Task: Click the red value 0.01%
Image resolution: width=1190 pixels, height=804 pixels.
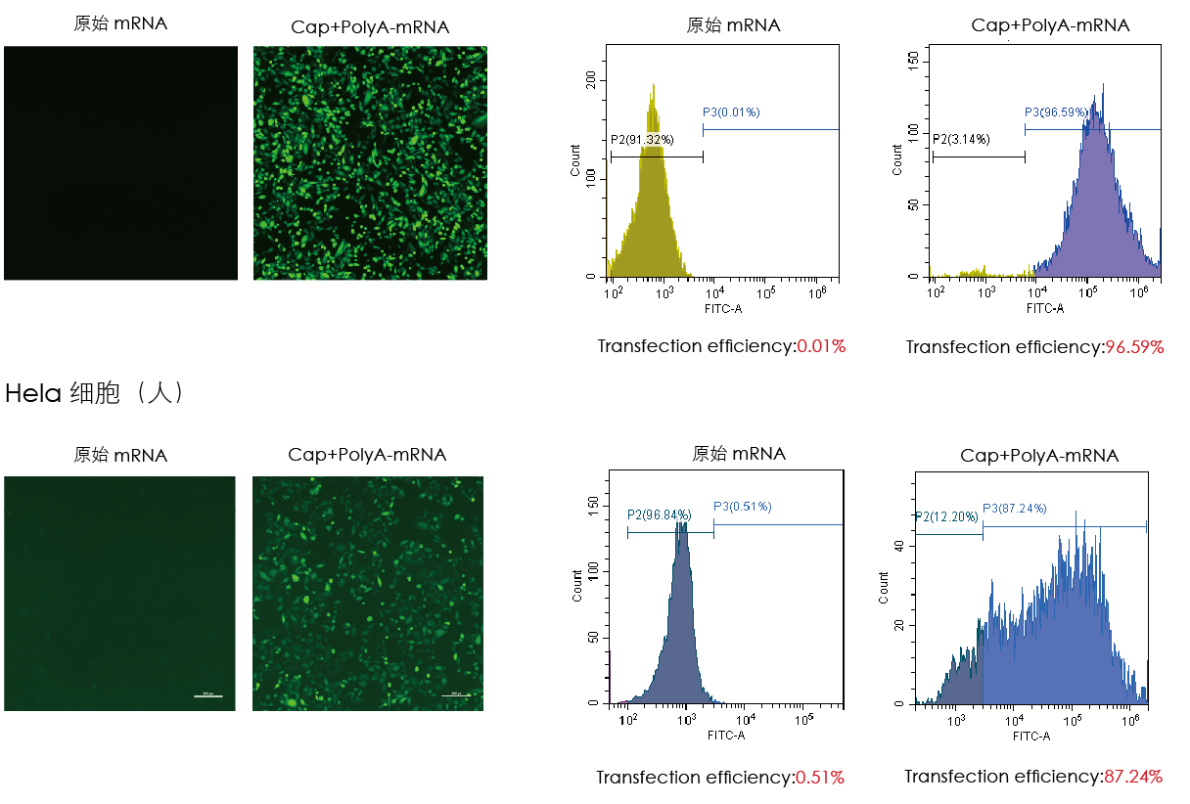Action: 821,346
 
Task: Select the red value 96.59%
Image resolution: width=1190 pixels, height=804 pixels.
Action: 1134,347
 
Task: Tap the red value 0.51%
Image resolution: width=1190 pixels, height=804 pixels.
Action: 820,778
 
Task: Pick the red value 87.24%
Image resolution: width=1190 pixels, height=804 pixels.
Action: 1133,777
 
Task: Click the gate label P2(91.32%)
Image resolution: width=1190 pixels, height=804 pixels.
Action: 642,140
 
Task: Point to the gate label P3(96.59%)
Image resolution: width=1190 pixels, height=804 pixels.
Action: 1056,112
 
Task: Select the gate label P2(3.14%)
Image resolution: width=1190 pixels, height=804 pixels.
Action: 961,139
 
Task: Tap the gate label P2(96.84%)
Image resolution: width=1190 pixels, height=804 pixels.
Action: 660,514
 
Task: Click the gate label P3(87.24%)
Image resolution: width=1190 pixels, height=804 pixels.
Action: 1015,509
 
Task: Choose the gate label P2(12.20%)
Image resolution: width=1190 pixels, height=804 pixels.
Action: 946,516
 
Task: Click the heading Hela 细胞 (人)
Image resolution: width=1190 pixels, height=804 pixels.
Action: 95,394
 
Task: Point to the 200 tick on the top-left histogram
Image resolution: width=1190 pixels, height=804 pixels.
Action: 590,84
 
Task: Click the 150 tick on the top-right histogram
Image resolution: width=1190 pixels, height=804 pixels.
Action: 912,61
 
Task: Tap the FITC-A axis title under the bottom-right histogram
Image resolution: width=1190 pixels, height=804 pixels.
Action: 1031,736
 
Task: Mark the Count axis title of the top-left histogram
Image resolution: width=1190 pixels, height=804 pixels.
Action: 575,160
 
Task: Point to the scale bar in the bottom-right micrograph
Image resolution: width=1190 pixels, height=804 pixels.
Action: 456,695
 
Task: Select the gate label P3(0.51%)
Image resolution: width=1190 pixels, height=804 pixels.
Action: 742,507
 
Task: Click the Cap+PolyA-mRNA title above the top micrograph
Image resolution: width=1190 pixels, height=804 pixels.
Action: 370,27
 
